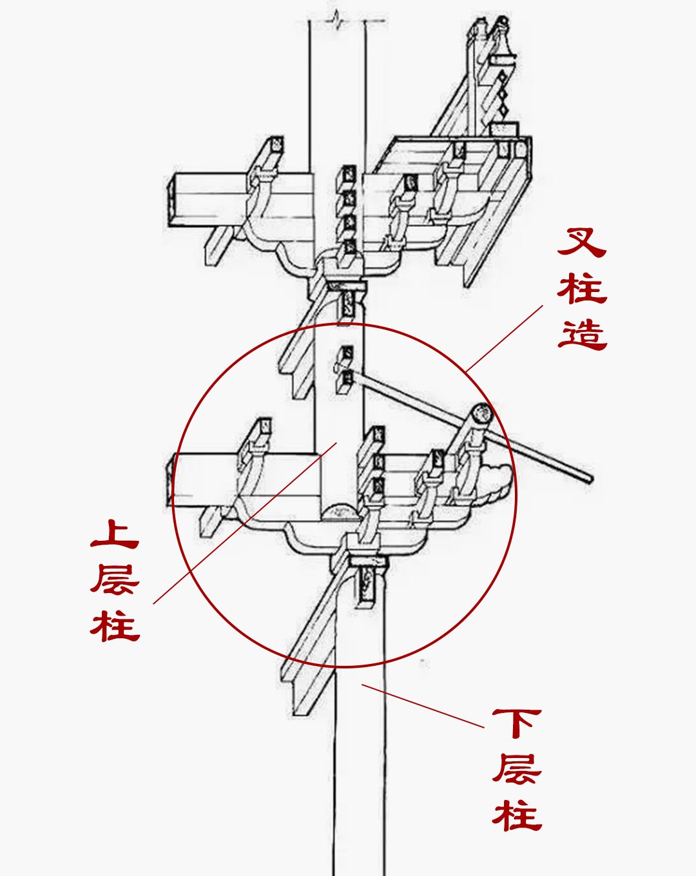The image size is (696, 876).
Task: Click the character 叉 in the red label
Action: tap(582, 242)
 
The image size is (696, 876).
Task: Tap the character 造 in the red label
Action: tap(582, 334)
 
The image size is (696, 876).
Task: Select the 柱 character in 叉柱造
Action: tap(582, 288)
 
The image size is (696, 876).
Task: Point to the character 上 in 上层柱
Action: tap(115, 535)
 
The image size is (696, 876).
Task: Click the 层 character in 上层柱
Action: tap(115, 579)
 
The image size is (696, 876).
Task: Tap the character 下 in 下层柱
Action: tap(517, 723)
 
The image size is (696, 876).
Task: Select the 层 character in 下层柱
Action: tap(517, 768)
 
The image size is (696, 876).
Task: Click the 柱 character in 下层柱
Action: tap(517, 814)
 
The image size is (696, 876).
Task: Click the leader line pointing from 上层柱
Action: tap(245, 522)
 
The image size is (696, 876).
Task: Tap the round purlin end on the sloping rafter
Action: tap(481, 414)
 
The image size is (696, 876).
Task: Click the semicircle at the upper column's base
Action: tap(342, 512)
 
